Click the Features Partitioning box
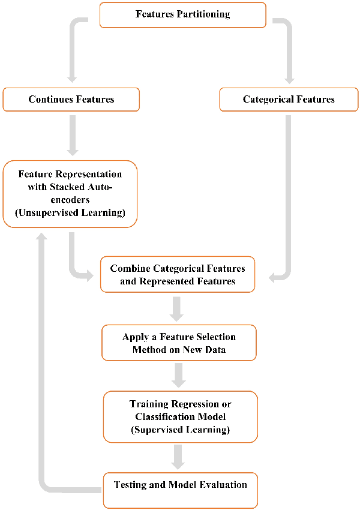pos(182,14)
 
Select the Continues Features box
pos(71,100)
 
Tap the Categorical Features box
pos(289,100)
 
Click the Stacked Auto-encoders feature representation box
pos(70,194)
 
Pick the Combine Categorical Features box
pos(177,275)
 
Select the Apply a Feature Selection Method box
pos(179,343)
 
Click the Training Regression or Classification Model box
pos(180,417)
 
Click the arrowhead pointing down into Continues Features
pos(72,78)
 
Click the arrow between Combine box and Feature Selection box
pos(177,308)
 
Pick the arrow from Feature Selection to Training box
pos(178,376)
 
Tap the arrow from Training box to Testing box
pos(178,457)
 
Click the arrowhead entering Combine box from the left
pos(89,276)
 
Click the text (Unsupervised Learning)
pos(70,214)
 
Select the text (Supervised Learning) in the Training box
pos(180,430)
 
